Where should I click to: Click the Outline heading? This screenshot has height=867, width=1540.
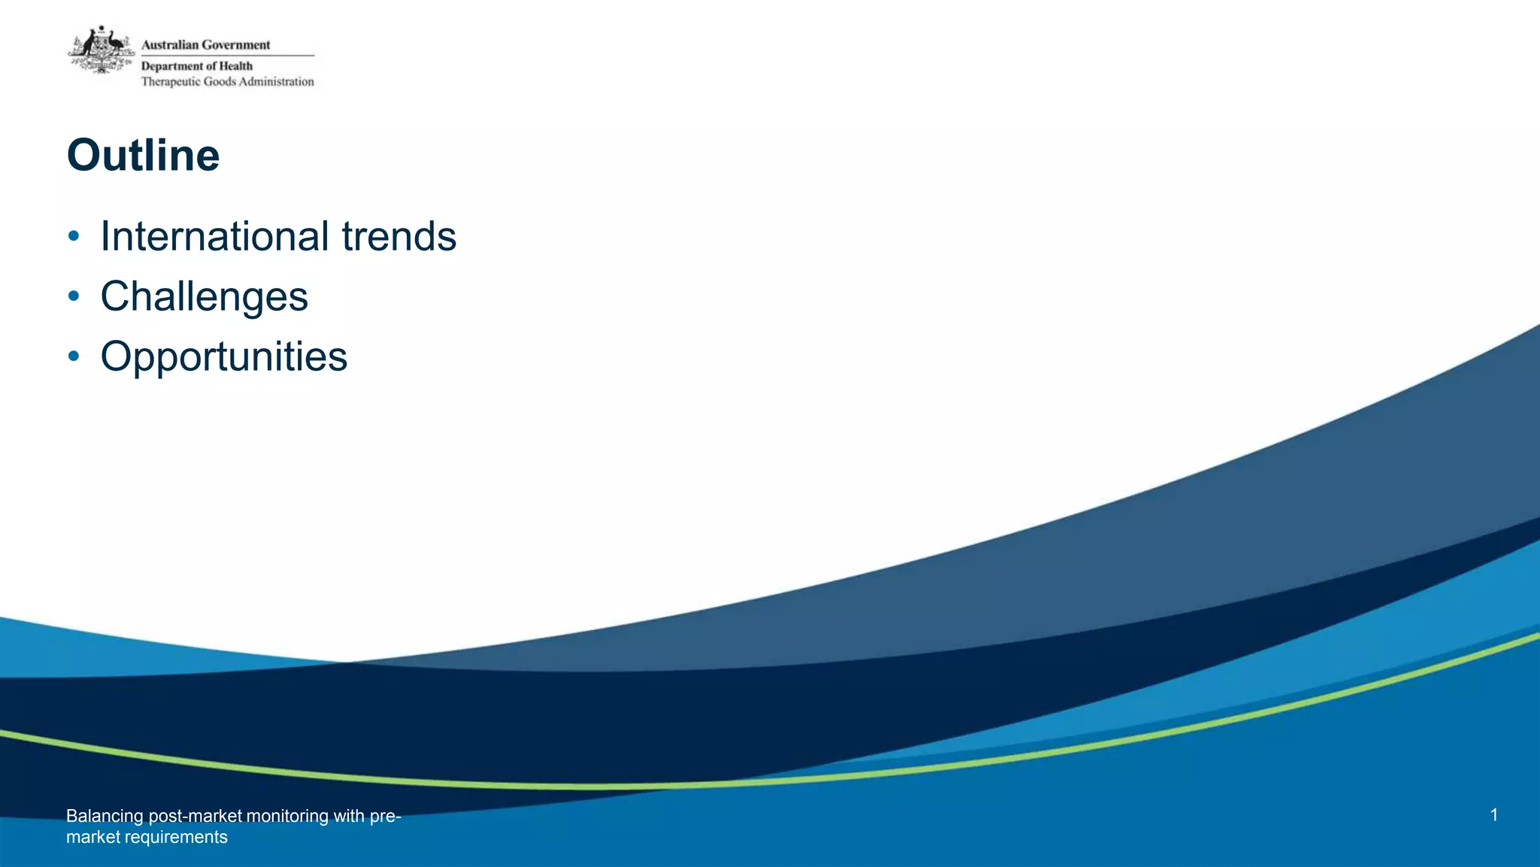click(x=143, y=156)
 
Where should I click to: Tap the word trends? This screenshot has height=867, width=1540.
click(x=399, y=236)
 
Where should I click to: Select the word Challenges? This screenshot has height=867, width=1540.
click(x=204, y=296)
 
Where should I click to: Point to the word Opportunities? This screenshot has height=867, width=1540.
click(x=223, y=356)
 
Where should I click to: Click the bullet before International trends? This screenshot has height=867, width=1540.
click(x=73, y=237)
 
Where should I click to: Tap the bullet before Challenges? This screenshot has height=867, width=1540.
click(x=73, y=297)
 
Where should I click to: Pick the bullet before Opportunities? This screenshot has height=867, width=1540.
click(x=73, y=356)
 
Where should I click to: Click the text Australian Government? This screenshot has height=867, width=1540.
click(x=205, y=45)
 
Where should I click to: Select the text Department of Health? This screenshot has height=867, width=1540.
click(x=197, y=66)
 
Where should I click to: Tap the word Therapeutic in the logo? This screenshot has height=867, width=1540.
click(x=171, y=82)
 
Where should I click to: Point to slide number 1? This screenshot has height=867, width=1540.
click(x=1493, y=815)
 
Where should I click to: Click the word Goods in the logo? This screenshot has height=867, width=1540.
click(x=220, y=82)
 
